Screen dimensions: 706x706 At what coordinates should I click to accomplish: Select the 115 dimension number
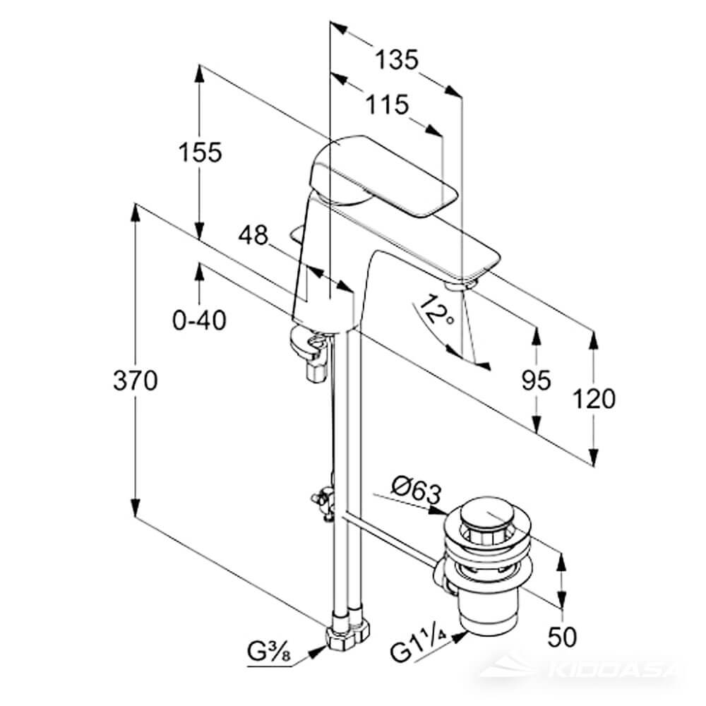point(387,105)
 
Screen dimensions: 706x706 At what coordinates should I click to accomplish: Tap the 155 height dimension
point(200,152)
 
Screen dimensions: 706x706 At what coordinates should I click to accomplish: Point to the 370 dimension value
point(135,381)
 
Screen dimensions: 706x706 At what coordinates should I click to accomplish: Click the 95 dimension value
point(536,381)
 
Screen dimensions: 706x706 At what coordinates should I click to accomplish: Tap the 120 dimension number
point(594,399)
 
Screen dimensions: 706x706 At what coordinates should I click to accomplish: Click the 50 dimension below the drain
point(562,638)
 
